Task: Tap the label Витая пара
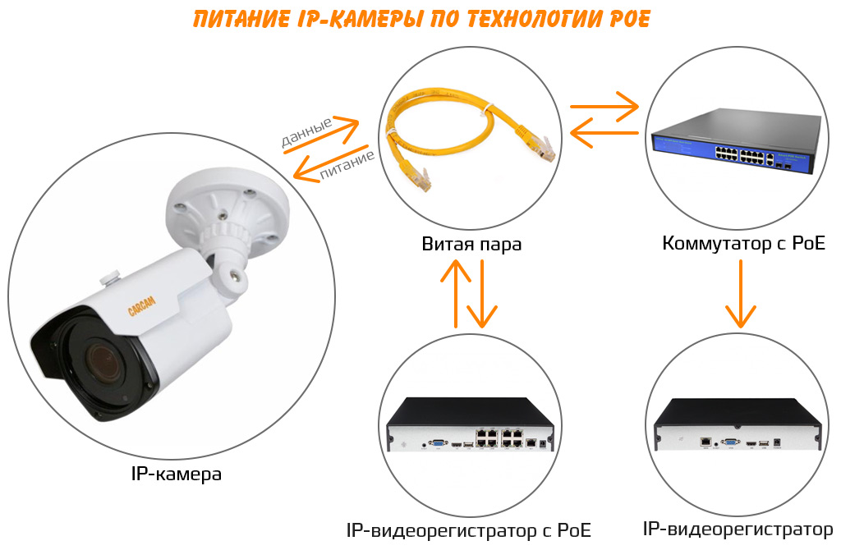471,244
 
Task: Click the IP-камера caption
176,474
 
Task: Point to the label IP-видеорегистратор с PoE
469,529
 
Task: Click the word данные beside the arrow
306,132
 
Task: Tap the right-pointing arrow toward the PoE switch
604,106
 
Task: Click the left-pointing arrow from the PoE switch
604,132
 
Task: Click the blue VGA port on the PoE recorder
439,442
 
